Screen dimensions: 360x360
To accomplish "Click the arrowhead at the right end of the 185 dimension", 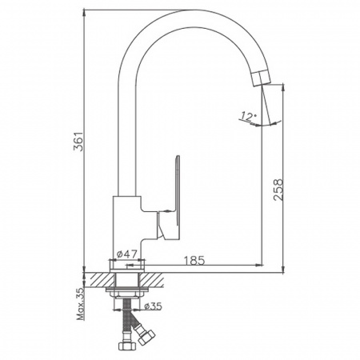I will coord(260,265).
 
